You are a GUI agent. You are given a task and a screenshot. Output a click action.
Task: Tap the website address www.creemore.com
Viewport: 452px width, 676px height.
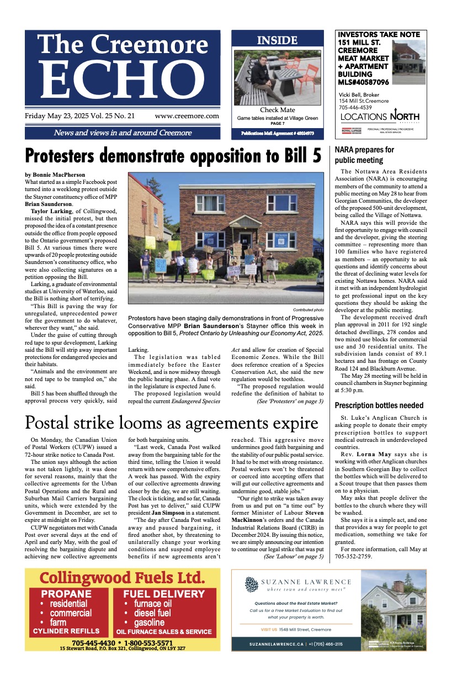pos(187,116)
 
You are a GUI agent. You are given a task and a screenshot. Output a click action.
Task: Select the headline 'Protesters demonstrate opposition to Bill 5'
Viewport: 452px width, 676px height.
pos(173,156)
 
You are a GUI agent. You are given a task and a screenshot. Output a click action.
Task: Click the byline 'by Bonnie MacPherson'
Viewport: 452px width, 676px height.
pos(55,175)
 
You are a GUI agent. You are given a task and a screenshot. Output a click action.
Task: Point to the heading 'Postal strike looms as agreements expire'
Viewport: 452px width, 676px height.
pos(172,423)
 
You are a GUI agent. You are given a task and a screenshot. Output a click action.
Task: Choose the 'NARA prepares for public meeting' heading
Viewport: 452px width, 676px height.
pos(364,155)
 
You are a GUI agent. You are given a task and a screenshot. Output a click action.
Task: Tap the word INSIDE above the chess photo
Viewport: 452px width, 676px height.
pos(277,40)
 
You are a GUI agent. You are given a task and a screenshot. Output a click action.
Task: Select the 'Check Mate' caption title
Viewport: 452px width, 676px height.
pos(277,110)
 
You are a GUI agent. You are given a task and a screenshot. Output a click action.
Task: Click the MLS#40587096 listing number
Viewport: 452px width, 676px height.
pos(363,82)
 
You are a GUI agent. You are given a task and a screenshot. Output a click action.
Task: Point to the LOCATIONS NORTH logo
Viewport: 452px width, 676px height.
pos(380,117)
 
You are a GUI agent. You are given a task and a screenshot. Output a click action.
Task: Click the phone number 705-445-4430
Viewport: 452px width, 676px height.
pos(93,643)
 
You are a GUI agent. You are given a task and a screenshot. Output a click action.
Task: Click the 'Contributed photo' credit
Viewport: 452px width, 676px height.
pos(308,310)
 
